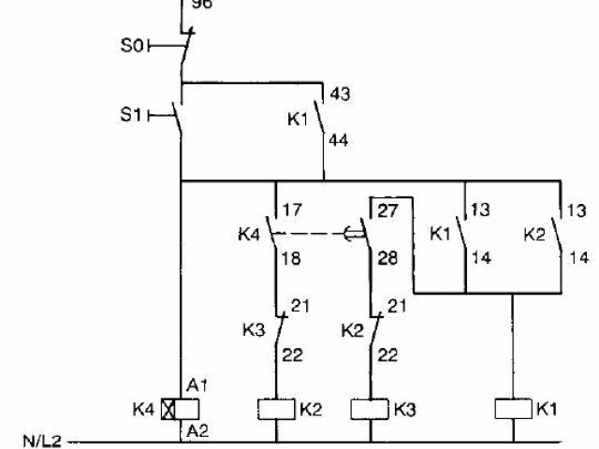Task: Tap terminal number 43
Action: pyautogui.click(x=341, y=94)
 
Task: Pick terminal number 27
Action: pyautogui.click(x=387, y=210)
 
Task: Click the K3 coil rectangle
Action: pyautogui.click(x=369, y=409)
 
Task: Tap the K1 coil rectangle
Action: pyautogui.click(x=514, y=409)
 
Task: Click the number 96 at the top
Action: pyautogui.click(x=201, y=5)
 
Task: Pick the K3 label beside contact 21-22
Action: pyautogui.click(x=254, y=329)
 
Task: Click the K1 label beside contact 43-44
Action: pyautogui.click(x=297, y=119)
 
